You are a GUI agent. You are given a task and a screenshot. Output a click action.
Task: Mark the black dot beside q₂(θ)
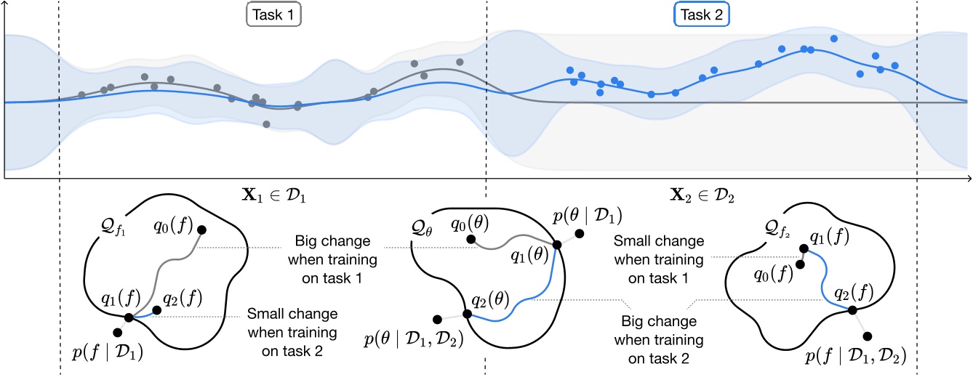pos(468,315)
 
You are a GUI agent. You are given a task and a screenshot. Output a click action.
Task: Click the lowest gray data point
pos(267,124)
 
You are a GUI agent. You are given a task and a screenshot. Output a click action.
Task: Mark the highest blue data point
pos(833,38)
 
